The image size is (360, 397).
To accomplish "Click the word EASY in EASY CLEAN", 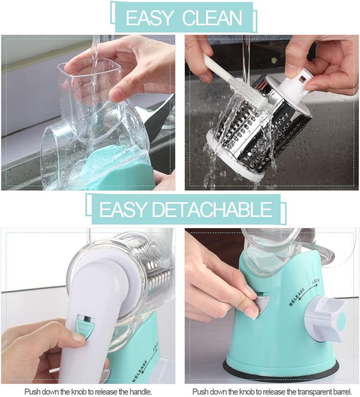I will click(150, 18).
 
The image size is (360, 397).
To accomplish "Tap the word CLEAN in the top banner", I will click(212, 18).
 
